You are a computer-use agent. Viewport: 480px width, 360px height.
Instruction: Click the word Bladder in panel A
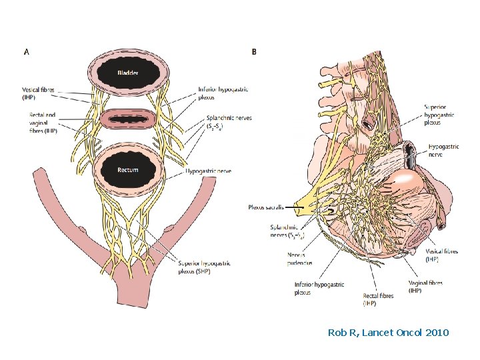[127, 72]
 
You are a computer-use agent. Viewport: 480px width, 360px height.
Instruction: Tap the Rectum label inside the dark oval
[127, 170]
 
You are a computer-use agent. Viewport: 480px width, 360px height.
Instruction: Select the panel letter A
[26, 50]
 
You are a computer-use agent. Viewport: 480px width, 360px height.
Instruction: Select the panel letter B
[254, 51]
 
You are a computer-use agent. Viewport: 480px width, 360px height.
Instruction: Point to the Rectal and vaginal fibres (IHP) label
[41, 123]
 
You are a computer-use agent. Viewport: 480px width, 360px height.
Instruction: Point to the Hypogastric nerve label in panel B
[445, 149]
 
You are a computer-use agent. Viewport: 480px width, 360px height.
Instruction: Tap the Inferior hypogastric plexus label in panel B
[319, 288]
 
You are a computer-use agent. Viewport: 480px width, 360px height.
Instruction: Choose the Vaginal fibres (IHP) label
[425, 287]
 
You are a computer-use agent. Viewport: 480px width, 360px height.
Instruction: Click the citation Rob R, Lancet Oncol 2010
[388, 332]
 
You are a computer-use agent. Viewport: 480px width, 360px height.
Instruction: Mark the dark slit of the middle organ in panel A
[127, 120]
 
